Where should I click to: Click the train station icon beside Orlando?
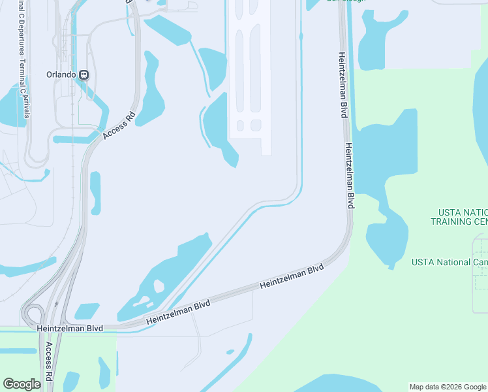[84, 74]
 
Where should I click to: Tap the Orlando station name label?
[62, 74]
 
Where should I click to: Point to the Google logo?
[22, 384]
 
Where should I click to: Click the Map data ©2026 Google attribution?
[448, 387]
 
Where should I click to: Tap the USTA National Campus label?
[450, 262]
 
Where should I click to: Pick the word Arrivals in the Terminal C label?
[26, 106]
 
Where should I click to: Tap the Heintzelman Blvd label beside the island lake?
[178, 312]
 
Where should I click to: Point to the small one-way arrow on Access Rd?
[57, 304]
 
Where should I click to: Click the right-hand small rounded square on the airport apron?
[256, 125]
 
